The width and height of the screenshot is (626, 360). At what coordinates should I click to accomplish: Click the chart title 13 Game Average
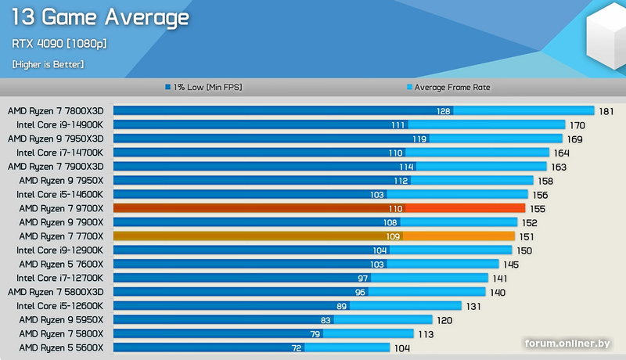click(100, 17)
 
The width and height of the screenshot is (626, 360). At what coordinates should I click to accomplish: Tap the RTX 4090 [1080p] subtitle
click(59, 44)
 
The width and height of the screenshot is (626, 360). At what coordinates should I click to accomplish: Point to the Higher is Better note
click(48, 64)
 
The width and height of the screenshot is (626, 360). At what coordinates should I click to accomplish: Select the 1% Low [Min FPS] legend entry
click(203, 88)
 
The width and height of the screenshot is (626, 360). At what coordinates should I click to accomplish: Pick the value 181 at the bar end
click(606, 111)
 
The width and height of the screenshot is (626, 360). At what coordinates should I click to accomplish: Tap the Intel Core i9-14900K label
click(65, 124)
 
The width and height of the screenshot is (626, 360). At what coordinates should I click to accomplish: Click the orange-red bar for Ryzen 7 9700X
click(319, 208)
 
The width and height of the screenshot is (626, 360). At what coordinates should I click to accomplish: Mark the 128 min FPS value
click(444, 111)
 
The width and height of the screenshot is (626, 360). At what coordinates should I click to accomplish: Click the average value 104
click(402, 347)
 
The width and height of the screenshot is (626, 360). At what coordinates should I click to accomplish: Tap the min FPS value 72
click(297, 347)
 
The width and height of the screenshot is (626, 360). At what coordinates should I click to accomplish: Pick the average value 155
click(537, 208)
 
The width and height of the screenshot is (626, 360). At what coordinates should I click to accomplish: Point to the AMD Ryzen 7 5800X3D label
click(60, 292)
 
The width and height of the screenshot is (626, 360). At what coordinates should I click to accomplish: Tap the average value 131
click(473, 305)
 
